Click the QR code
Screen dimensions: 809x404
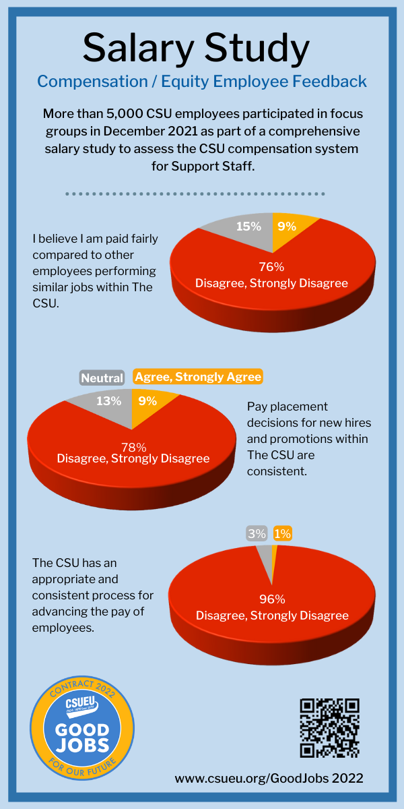[x=329, y=727]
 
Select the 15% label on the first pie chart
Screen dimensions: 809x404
[x=248, y=227]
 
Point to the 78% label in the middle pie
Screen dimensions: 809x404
[x=133, y=446]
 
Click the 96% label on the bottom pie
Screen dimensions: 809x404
[x=272, y=599]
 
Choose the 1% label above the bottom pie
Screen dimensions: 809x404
[x=283, y=533]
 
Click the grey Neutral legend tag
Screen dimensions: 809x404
[x=102, y=378]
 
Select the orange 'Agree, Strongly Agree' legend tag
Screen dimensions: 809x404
[x=198, y=377]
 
